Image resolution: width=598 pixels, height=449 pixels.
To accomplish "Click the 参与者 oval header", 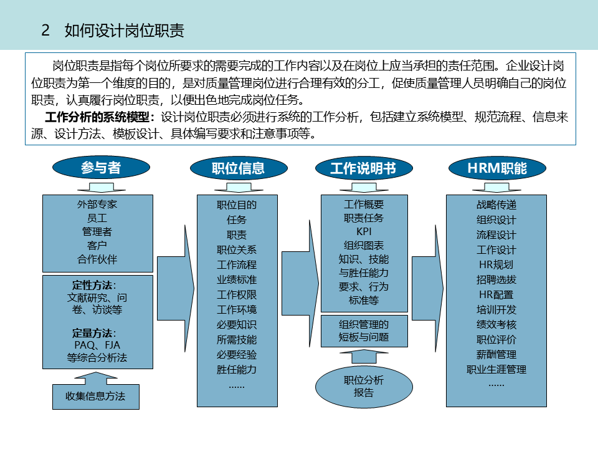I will [101, 167].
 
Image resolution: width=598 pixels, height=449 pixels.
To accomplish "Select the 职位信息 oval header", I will [238, 168].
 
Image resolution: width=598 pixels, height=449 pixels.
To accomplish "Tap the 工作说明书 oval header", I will [363, 168].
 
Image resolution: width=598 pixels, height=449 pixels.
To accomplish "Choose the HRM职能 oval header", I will [496, 168].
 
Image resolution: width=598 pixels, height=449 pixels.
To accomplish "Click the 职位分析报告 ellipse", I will [364, 387].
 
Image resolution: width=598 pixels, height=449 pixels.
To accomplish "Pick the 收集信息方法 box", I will [95, 396].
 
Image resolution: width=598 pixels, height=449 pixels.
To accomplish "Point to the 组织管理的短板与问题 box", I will [364, 331].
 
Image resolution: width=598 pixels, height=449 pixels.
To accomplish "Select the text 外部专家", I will [97, 204].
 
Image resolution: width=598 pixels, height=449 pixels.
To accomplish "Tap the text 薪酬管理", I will [496, 354].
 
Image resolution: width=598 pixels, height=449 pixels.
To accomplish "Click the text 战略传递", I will [496, 205].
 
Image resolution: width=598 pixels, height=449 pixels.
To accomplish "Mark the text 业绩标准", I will [237, 279].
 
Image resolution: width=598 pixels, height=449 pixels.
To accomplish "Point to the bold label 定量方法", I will [93, 332].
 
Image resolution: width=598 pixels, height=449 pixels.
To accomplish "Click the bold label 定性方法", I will [93, 285].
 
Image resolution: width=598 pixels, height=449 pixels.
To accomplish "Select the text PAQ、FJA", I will [97, 345].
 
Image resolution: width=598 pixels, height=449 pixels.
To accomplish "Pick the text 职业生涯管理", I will [496, 369].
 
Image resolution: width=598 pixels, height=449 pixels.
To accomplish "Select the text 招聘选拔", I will [496, 279].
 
